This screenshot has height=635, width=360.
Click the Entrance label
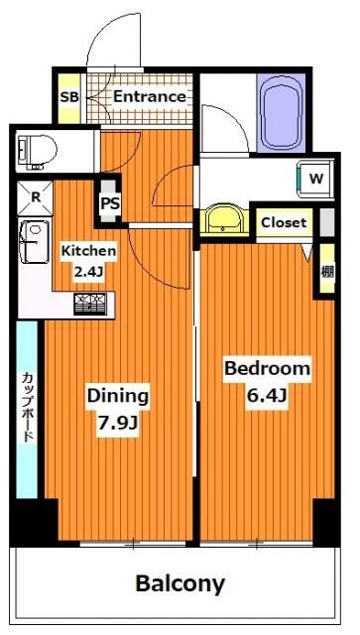tap(149, 96)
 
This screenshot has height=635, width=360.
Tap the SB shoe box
tap(68, 97)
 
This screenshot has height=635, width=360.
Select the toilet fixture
tap(36, 148)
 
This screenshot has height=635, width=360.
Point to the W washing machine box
tap(315, 180)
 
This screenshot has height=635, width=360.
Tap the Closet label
tap(285, 223)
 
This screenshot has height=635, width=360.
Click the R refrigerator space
tap(36, 196)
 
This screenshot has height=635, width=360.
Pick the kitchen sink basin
tap(36, 241)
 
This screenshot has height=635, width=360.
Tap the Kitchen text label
tap(88, 251)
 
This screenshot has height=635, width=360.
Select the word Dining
tap(116, 396)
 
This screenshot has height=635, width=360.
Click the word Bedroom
tap(267, 369)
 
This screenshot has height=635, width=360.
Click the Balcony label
tap(180, 582)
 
